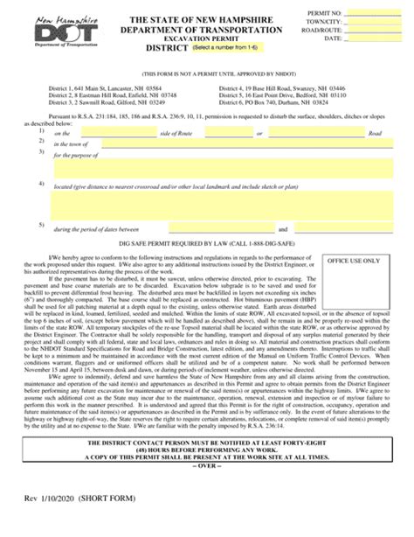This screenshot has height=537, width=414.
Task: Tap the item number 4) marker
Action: coord(42,184)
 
